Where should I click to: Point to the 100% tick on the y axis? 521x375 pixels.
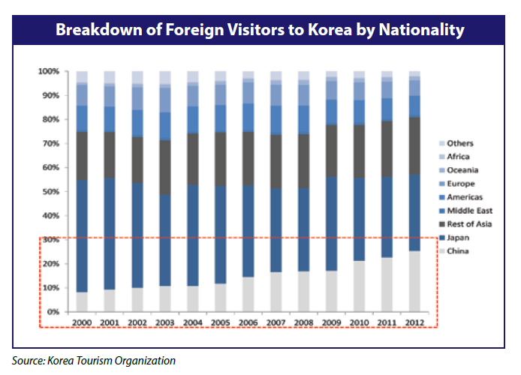click(x=49, y=71)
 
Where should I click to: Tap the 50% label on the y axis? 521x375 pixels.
click(x=50, y=192)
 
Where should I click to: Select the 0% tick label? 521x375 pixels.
click(x=53, y=312)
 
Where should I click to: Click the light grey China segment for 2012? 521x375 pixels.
click(x=414, y=281)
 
